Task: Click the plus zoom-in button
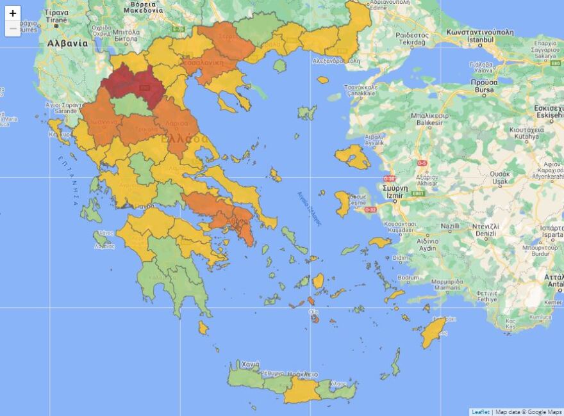13,13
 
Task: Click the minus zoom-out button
13,29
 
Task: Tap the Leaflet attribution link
481,412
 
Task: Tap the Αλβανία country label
67,44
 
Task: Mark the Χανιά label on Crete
251,364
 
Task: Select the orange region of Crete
301,389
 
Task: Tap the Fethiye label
469,299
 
